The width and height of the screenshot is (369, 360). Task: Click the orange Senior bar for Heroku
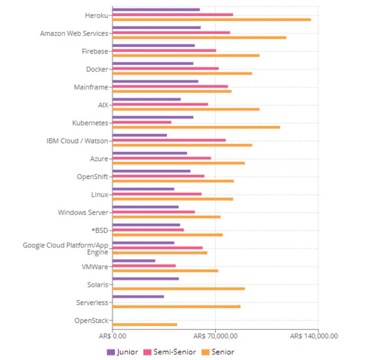211,19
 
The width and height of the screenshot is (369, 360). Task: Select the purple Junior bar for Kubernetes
153,117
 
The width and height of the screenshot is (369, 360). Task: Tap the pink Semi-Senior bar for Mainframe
170,86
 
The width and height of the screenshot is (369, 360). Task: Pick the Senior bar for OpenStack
145,324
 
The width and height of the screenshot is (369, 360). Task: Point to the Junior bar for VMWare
134,260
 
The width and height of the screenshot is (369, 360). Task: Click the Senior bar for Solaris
179,288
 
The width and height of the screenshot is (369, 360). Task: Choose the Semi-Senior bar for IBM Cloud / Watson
169,140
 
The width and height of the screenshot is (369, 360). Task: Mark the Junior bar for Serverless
138,296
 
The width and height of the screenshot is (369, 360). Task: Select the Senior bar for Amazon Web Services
199,37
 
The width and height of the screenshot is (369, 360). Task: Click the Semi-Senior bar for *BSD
148,229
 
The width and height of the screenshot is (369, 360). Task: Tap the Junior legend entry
122,352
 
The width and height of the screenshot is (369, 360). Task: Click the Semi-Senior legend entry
170,352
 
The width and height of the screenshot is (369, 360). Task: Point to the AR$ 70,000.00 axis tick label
215,336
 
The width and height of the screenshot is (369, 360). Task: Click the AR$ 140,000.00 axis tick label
314,336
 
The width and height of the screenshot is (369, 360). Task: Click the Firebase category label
95,51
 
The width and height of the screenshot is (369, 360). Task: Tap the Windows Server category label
83,213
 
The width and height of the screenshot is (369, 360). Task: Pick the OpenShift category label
92,177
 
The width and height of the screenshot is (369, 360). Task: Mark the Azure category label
99,159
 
